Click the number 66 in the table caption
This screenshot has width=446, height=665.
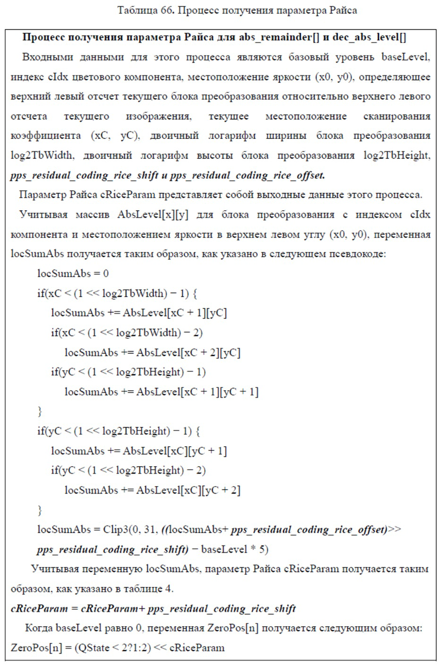pos(168,11)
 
